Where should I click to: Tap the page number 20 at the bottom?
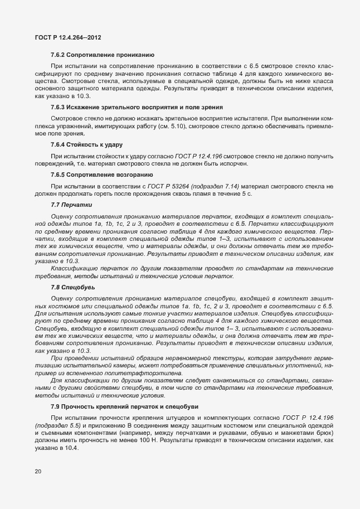tap(38, 472)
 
